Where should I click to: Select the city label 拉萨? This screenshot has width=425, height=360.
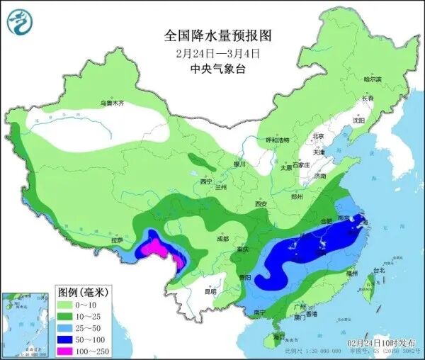pyautogui.click(x=117, y=240)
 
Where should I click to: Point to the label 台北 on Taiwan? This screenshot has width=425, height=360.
pyautogui.click(x=378, y=270)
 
